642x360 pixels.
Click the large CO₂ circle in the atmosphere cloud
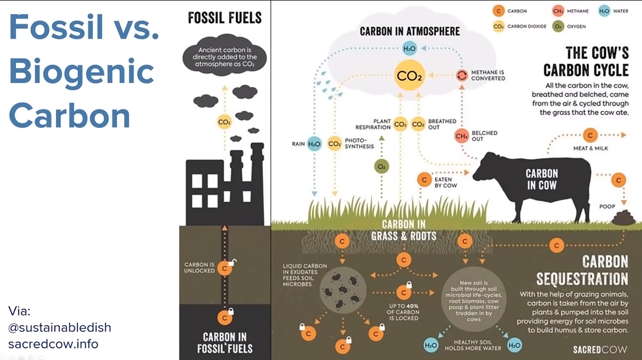pyautogui.click(x=409, y=76)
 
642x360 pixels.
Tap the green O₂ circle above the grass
pyautogui.click(x=381, y=167)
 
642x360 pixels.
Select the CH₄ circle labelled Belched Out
pyautogui.click(x=461, y=136)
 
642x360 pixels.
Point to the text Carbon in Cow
pyautogui.click(x=542, y=179)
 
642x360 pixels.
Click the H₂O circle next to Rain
pyautogui.click(x=314, y=144)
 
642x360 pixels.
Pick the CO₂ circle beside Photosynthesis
pyautogui.click(x=334, y=144)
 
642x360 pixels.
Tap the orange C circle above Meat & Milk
pyautogui.click(x=590, y=135)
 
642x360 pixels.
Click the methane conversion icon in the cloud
pyautogui.click(x=462, y=75)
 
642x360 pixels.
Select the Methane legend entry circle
pyautogui.click(x=558, y=11)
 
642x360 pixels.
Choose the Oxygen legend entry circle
pyautogui.click(x=558, y=27)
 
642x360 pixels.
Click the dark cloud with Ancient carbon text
pyautogui.click(x=224, y=57)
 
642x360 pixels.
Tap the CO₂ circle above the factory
pyautogui.click(x=224, y=122)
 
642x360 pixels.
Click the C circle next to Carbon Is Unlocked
pyautogui.click(x=225, y=268)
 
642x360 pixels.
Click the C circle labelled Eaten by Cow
pyautogui.click(x=424, y=180)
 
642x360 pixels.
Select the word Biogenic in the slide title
pyautogui.click(x=81, y=71)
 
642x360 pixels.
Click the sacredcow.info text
pyautogui.click(x=53, y=344)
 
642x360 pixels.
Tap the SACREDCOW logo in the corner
pyautogui.click(x=600, y=350)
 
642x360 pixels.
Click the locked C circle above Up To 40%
pyautogui.click(x=404, y=292)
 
